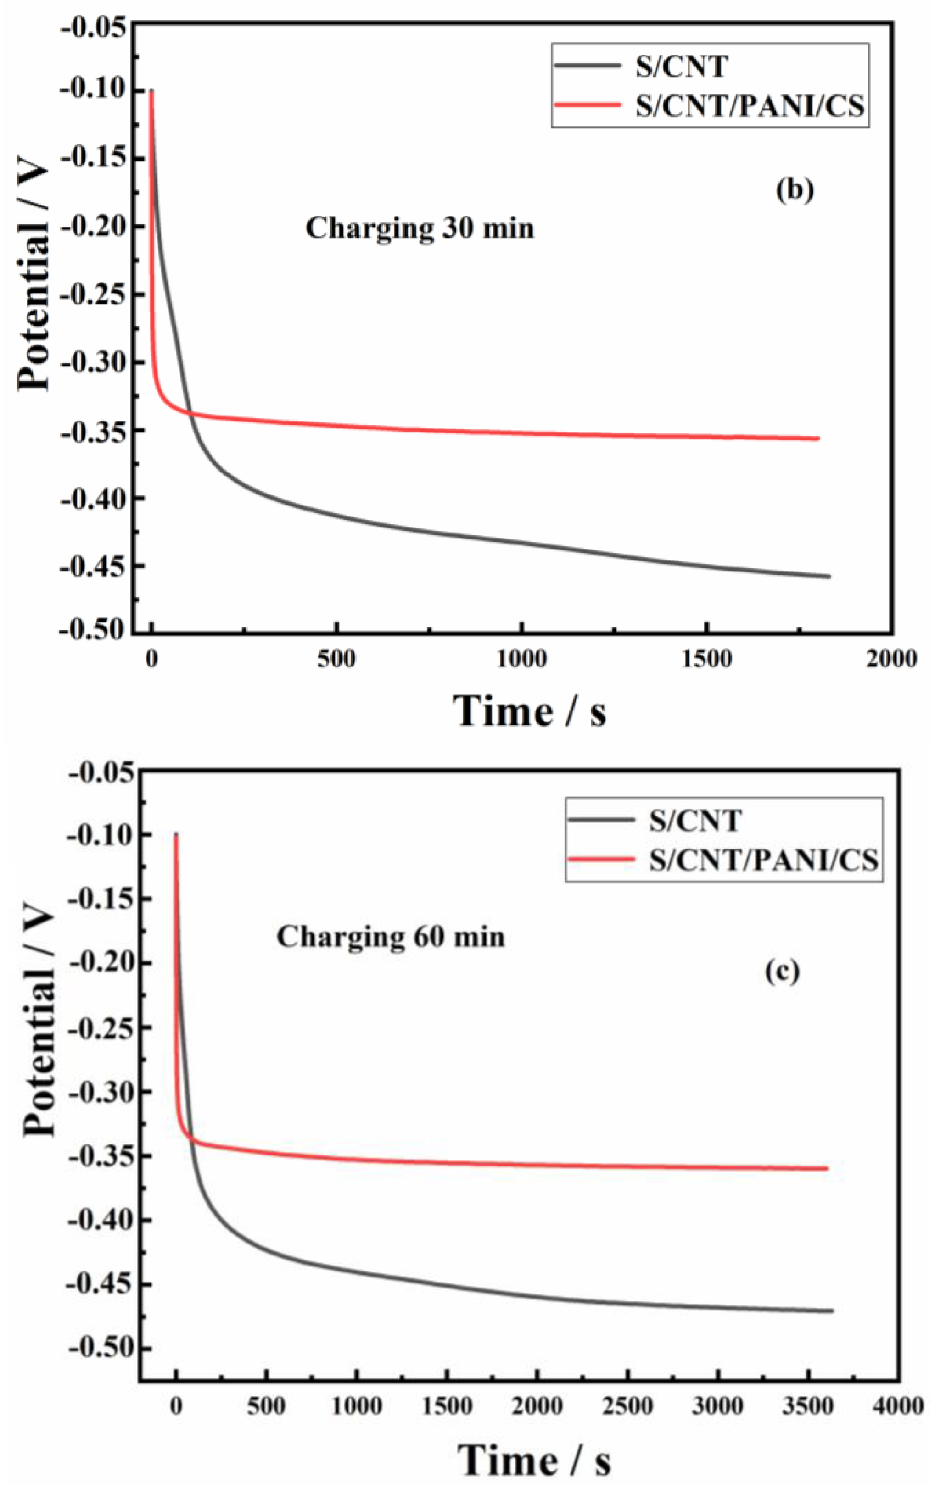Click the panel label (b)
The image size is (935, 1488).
pos(795,190)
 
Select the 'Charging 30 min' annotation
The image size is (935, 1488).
pos(420,228)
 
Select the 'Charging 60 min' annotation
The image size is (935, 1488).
pos(391,937)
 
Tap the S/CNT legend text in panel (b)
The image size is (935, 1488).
pos(682,67)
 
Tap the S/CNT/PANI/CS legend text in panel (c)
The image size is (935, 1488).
pos(764,860)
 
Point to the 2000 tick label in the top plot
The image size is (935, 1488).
pos(891,659)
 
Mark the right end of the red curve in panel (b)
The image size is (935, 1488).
pos(818,438)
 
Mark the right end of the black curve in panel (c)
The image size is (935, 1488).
pos(832,1310)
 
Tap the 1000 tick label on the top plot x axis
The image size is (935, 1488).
pos(521,659)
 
